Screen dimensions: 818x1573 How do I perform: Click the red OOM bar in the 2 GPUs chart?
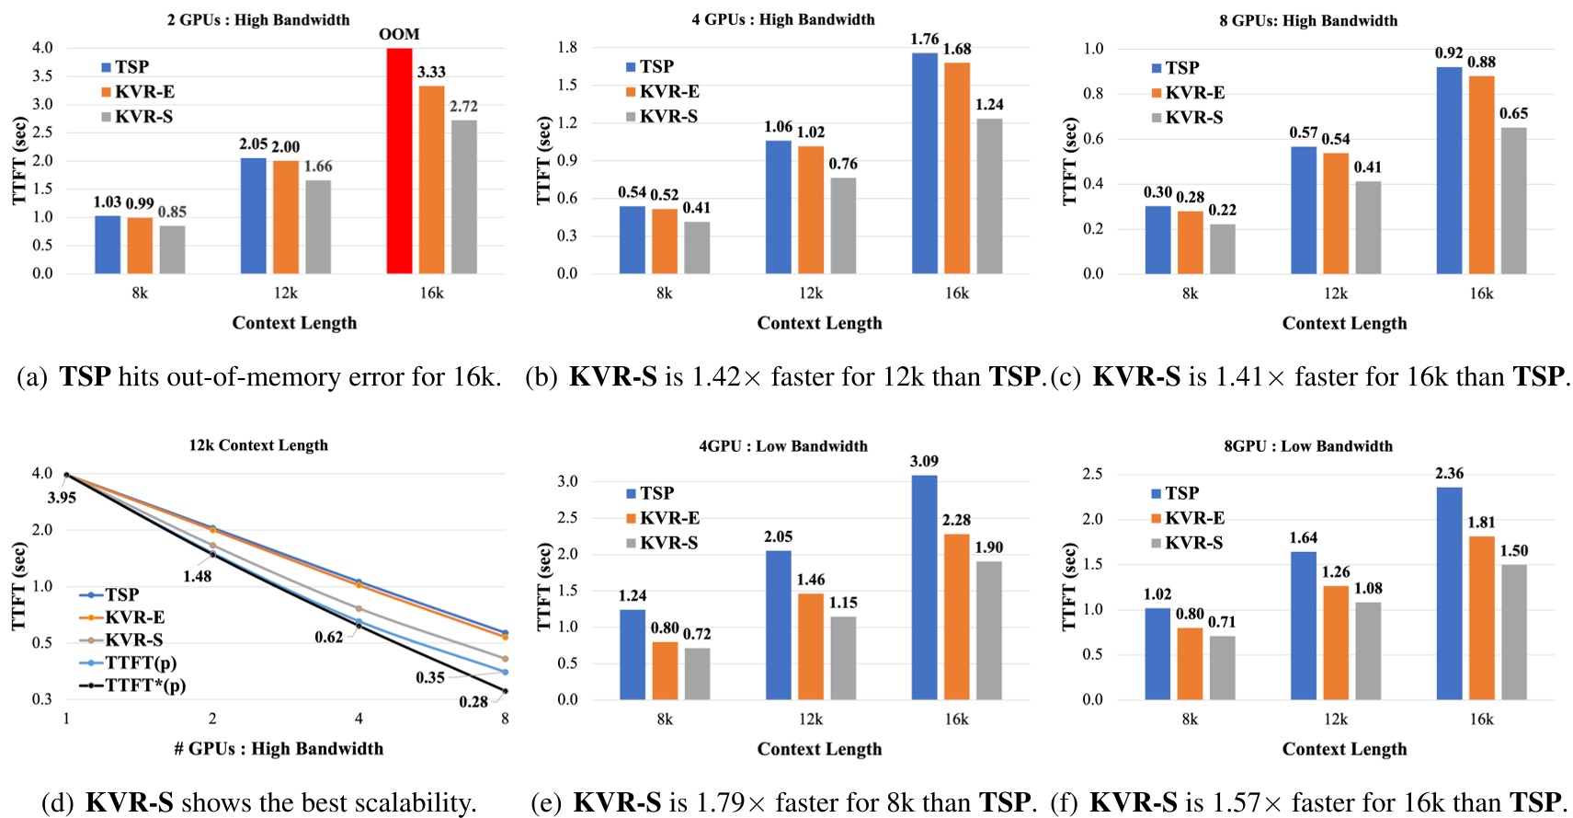(399, 161)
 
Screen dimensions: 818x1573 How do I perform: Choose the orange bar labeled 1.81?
(1481, 617)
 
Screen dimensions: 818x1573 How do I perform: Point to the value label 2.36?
(1449, 474)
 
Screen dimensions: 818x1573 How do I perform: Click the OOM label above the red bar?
(399, 34)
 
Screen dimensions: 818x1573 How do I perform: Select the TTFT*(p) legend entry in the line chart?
(144, 686)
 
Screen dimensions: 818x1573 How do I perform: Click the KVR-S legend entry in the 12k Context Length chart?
(133, 639)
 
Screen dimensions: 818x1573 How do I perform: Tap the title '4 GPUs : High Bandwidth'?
(783, 19)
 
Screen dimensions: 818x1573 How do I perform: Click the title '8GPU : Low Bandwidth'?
(1307, 446)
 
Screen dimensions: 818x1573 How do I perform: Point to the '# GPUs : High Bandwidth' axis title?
(279, 749)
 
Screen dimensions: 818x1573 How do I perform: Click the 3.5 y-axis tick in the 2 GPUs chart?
(42, 75)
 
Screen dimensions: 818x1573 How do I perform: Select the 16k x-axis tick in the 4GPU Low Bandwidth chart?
(956, 720)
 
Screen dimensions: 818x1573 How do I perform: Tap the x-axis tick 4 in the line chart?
(359, 719)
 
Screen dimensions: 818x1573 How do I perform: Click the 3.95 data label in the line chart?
(62, 498)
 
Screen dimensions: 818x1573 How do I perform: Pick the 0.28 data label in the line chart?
(473, 702)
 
